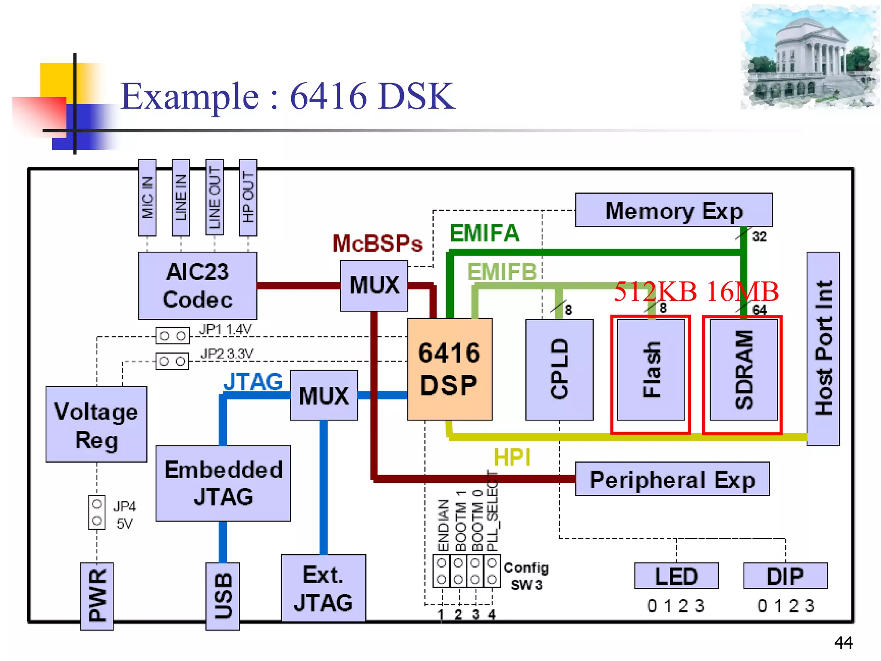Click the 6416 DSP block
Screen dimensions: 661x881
(450, 369)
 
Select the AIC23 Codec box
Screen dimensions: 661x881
(197, 285)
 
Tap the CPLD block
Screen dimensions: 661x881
(559, 369)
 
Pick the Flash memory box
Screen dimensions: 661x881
(651, 369)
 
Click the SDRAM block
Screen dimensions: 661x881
(743, 369)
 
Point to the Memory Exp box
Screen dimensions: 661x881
(674, 210)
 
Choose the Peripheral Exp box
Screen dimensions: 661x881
(672, 479)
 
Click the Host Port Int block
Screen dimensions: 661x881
(823, 349)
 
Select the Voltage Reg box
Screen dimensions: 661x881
(96, 424)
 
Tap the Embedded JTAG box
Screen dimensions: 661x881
(223, 483)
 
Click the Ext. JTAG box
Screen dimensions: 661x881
(323, 588)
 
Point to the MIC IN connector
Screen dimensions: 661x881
(147, 198)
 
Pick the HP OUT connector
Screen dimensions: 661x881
(248, 198)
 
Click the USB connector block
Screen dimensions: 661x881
(222, 596)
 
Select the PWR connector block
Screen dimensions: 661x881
(97, 596)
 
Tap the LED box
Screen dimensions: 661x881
(676, 576)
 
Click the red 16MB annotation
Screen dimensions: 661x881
(742, 291)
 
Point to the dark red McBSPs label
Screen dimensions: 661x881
(377, 244)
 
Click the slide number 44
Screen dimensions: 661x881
(843, 642)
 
